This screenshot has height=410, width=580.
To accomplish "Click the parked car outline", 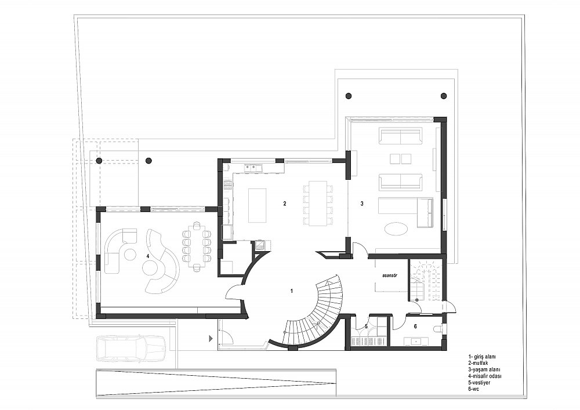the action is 130,349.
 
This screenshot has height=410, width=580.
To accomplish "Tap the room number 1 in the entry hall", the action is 292,291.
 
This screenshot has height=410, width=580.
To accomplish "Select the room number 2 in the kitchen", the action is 284,204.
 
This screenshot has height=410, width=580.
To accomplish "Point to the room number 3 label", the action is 362,204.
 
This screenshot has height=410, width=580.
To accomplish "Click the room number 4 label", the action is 147,256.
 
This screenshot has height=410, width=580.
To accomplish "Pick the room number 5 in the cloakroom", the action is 366,326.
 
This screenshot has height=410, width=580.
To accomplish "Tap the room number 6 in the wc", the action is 415,326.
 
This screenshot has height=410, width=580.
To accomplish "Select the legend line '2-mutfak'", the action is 478,363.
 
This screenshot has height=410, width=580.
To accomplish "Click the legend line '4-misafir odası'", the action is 485,376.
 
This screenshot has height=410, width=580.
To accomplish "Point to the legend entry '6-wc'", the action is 474,389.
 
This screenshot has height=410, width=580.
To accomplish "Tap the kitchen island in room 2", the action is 258,205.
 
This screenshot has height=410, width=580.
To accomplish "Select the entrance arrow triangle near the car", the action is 211,338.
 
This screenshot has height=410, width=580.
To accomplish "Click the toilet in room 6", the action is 438,328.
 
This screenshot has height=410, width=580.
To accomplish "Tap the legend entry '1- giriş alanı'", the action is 482,357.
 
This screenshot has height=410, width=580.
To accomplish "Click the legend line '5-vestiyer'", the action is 479,382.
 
